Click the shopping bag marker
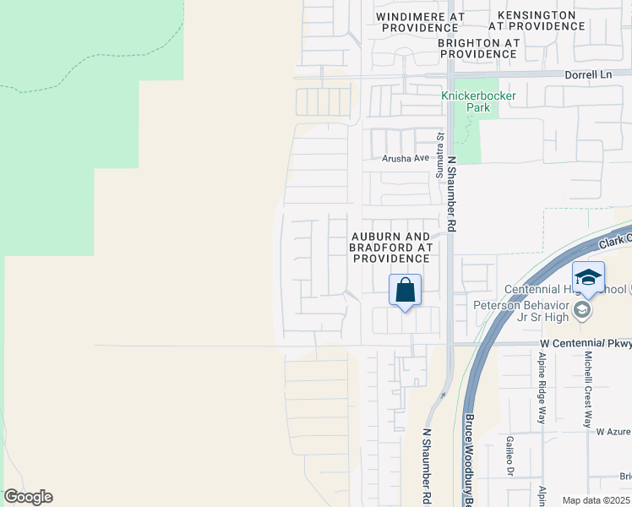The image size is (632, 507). coord(406,290)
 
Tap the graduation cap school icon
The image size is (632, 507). coord(588,276)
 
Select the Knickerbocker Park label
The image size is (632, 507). coord(478,101)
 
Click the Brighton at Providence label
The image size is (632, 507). coord(477,47)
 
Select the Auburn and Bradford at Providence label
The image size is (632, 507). coord(391,246)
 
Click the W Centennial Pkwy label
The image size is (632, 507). coord(586,344)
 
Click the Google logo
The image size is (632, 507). coord(28,497)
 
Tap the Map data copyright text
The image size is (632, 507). coord(595,500)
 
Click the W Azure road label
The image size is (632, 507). coord(613,431)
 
